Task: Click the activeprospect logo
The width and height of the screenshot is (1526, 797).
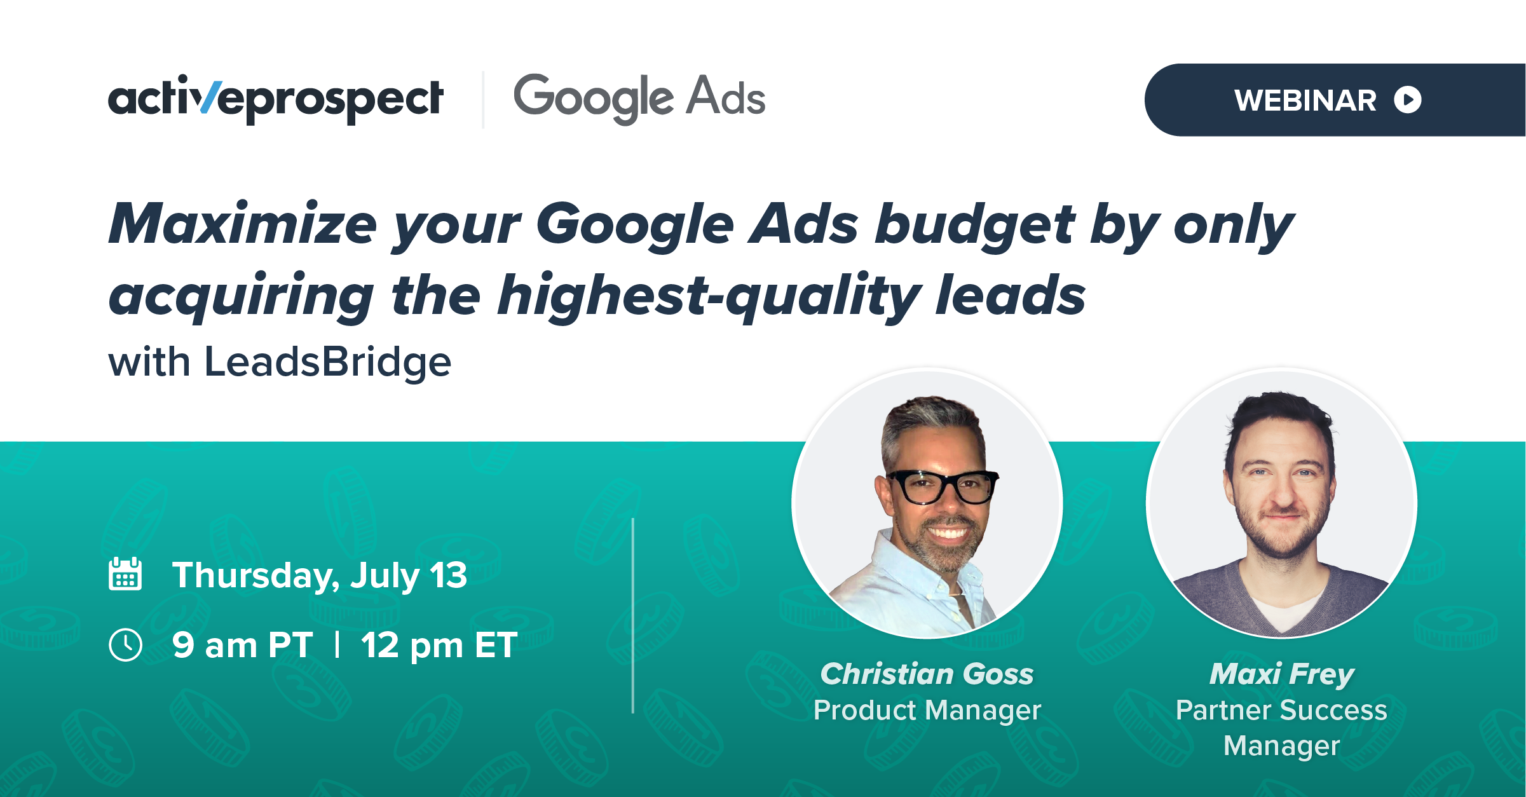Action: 276,99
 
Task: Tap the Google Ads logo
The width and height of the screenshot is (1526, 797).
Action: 639,99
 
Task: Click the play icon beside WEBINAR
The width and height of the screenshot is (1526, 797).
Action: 1408,100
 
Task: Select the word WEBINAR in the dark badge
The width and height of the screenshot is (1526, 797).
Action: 1305,100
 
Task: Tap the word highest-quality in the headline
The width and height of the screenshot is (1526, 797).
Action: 709,296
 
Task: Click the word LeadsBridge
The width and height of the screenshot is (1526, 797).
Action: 328,362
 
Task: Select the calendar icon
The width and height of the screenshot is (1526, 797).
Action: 125,574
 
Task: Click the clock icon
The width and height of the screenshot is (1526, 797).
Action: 125,644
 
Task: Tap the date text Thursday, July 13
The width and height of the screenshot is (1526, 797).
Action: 320,576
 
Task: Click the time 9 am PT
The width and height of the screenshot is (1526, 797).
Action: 243,645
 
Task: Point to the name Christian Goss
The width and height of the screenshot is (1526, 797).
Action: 927,674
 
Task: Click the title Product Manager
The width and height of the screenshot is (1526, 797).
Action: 927,711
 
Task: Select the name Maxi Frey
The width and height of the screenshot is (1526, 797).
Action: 1282,674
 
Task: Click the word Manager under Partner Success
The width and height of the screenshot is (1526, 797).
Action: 1282,746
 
